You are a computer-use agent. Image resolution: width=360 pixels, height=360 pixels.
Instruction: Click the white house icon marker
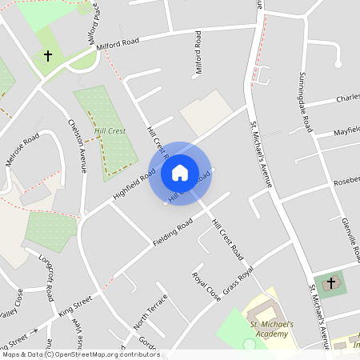point(180,172)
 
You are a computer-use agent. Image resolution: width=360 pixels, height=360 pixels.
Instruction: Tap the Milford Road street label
point(118,42)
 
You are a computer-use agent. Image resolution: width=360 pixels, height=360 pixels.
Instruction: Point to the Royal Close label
point(206,286)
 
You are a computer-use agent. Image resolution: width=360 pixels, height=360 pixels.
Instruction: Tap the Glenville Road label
point(347,234)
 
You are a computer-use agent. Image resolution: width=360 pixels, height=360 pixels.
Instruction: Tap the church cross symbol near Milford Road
point(47,57)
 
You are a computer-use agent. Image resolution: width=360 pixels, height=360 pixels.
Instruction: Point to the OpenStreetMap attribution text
point(81,354)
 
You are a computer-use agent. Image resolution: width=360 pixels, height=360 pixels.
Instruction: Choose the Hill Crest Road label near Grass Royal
point(226,239)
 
